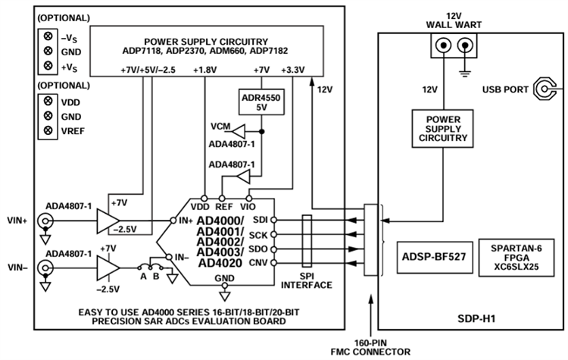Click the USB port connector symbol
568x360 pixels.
[x=546, y=90]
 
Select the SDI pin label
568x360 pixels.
[x=261, y=218]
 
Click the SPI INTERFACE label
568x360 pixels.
[x=307, y=280]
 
